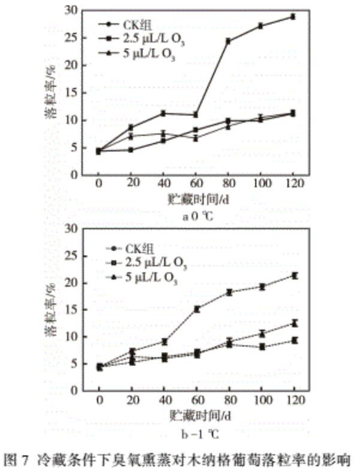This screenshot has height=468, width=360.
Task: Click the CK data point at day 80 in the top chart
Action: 228,41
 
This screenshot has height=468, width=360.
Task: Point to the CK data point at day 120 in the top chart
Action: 293,17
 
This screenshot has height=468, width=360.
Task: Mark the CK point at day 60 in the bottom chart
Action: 196,309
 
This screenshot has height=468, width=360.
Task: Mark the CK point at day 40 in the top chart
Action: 163,113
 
